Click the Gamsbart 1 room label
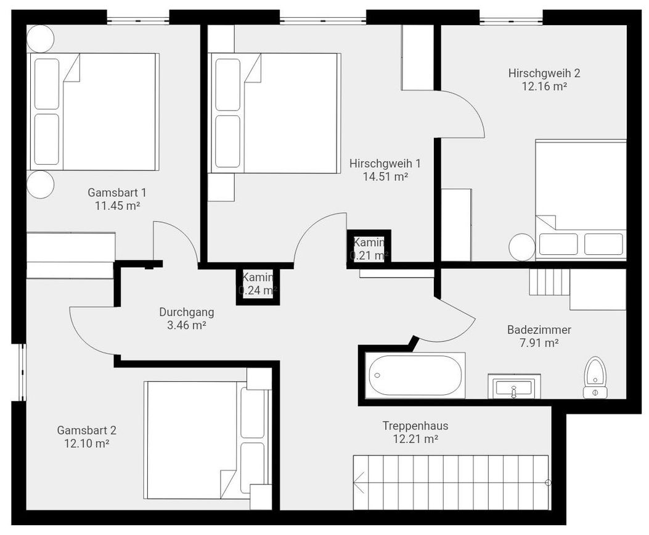pyautogui.click(x=116, y=193)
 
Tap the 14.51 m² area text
pyautogui.click(x=386, y=176)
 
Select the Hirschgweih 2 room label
pyautogui.click(x=544, y=73)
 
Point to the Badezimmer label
pyautogui.click(x=539, y=330)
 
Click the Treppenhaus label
pyautogui.click(x=415, y=426)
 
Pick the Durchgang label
pyautogui.click(x=187, y=312)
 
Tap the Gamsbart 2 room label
pyautogui.click(x=86, y=430)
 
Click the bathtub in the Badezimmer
pyautogui.click(x=415, y=375)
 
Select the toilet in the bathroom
pyautogui.click(x=595, y=378)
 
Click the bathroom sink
pyautogui.click(x=514, y=386)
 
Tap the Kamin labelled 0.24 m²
pyautogui.click(x=258, y=284)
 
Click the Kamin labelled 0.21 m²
pyautogui.click(x=369, y=249)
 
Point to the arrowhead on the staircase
pyautogui.click(x=358, y=483)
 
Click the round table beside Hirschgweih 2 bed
pyautogui.click(x=523, y=247)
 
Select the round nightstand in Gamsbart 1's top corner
pyautogui.click(x=40, y=38)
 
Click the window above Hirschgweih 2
pyautogui.click(x=511, y=20)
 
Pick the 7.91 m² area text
pyautogui.click(x=539, y=343)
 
